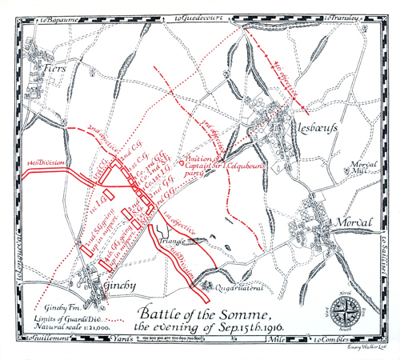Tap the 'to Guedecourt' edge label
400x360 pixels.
click(x=197, y=15)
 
